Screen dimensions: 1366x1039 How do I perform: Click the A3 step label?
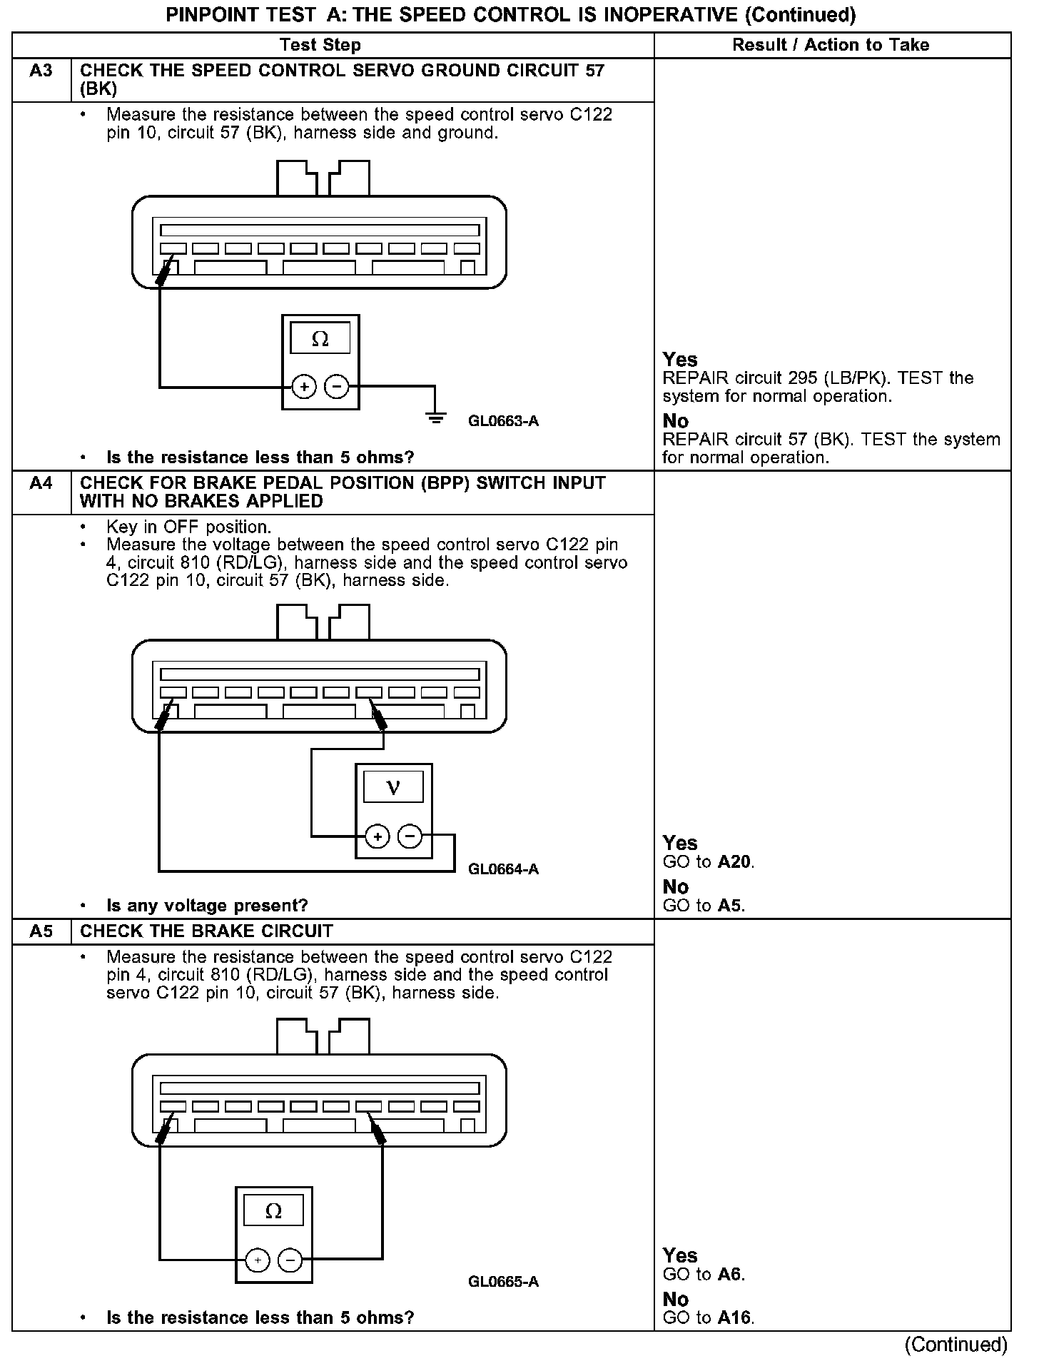41,71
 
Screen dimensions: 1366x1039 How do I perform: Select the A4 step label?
41,483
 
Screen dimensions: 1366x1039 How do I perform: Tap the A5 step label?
41,931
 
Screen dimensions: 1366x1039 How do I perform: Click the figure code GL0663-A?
503,421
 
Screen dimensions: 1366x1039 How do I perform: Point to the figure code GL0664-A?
503,869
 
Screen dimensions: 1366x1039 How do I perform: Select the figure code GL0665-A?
503,1282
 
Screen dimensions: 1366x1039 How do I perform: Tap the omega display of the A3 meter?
320,338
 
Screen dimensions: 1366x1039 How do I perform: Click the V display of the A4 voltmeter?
393,787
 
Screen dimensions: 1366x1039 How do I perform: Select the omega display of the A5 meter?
273,1211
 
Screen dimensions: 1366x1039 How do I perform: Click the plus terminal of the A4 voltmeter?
377,836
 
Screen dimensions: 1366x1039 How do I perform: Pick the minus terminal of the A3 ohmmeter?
337,387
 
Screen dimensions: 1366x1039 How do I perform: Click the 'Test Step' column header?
320,45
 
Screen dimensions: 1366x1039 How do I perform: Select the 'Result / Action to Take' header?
831,45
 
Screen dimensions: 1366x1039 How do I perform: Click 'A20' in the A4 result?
734,862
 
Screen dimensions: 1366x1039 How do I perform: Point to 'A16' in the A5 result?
734,1317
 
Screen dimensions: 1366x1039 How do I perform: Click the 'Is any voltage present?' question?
207,906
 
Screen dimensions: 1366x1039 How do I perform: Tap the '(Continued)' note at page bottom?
956,1345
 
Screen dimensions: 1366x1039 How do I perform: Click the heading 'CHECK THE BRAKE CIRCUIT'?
206,931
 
